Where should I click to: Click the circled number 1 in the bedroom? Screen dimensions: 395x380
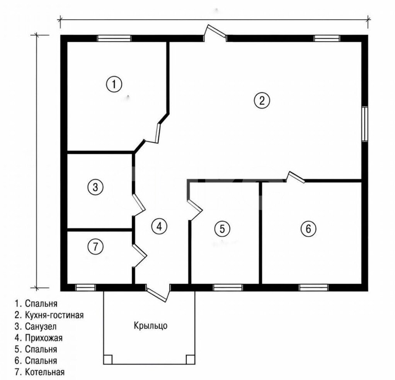point(114,84)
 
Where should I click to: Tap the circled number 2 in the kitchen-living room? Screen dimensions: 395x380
point(262,101)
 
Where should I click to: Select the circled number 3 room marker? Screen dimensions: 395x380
point(95,187)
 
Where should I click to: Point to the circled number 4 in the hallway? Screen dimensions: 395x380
point(159,226)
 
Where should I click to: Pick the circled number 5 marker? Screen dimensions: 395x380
point(222,228)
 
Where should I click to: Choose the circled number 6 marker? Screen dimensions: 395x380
point(308,228)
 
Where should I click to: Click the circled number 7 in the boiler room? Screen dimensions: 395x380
point(95,246)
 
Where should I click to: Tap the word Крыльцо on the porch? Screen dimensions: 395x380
point(150,326)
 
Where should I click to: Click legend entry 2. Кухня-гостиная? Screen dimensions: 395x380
point(49,315)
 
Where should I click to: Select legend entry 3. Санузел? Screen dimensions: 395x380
point(36,326)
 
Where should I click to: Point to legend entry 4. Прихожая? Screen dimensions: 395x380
point(39,337)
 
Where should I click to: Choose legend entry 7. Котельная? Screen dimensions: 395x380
point(39,372)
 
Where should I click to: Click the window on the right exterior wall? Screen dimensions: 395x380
point(364,124)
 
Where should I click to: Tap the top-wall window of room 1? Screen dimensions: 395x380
point(114,38)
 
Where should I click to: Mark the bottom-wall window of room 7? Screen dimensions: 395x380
point(86,288)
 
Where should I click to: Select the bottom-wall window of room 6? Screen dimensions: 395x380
point(313,288)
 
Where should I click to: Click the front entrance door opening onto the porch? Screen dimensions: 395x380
point(158,293)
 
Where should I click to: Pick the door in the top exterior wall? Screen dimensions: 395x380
point(215,33)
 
